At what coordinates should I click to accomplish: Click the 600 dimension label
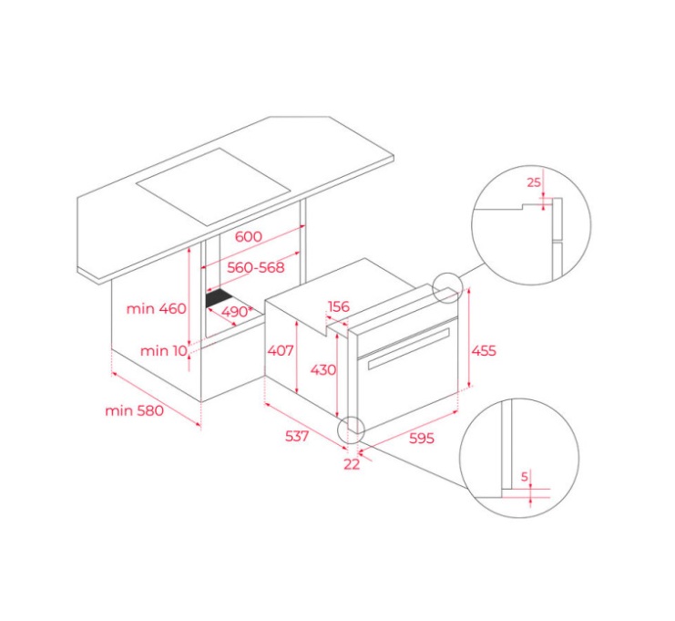coord(249,236)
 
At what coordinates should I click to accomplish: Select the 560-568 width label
coord(256,267)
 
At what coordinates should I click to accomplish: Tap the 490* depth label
coord(237,311)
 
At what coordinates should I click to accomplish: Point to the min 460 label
coord(157,308)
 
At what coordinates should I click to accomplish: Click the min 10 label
coord(164,351)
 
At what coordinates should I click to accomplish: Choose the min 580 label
coord(134,410)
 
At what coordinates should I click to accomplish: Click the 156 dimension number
coord(339,306)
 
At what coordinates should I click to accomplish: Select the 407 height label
coord(281,350)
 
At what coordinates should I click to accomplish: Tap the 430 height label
coord(323,369)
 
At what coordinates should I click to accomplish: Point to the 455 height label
coord(484,350)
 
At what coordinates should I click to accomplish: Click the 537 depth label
coord(297,436)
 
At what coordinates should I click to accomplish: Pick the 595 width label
coord(422,439)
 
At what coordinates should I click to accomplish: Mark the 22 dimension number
coord(352,464)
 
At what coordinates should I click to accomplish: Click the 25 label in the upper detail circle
coord(534,182)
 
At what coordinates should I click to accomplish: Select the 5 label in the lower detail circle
coord(525,477)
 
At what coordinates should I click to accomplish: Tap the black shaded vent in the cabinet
coord(220,298)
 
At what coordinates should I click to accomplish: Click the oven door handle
coord(408,348)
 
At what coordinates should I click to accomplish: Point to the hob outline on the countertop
coord(212,187)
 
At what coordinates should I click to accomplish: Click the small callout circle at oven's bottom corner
coord(352,430)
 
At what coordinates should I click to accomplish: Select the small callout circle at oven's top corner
coord(447,287)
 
